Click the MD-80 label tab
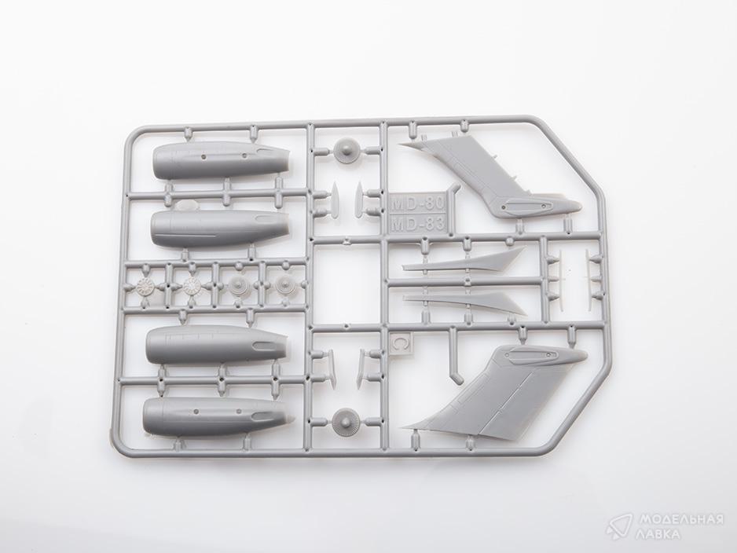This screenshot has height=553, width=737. click(417, 204)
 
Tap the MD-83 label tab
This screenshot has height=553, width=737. click(417, 224)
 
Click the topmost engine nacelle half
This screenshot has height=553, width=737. click(221, 161)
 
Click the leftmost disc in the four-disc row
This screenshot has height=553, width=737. click(147, 286)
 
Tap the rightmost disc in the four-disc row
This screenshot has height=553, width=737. click(284, 284)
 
